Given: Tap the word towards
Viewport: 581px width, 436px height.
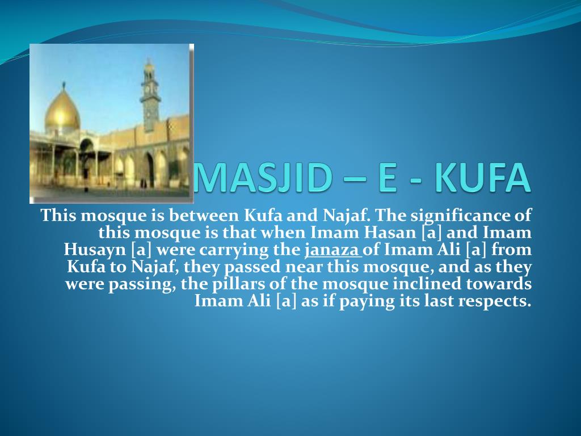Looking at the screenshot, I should click(x=502, y=284).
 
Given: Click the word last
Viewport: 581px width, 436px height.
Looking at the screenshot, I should click(x=439, y=301).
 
